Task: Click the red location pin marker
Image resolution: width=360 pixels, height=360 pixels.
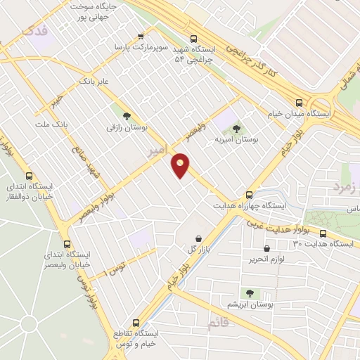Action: (x=181, y=165)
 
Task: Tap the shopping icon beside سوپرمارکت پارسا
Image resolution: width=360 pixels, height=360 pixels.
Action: (x=141, y=37)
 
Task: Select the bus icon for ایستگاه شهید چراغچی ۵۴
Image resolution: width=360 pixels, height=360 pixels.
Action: (x=194, y=39)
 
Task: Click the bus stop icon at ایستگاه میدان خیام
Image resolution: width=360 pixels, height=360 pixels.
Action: (x=300, y=101)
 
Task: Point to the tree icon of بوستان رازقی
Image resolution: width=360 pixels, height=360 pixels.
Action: (x=127, y=117)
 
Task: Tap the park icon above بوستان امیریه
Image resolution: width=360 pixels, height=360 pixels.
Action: (x=236, y=129)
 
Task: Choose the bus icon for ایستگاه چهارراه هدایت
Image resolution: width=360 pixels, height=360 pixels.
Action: (x=249, y=195)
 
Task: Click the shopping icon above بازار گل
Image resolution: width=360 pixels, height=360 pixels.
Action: (x=200, y=238)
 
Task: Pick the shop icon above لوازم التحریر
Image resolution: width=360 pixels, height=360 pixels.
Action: (x=266, y=248)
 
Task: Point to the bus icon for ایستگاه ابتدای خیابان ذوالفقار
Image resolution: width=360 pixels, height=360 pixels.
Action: (x=29, y=176)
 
